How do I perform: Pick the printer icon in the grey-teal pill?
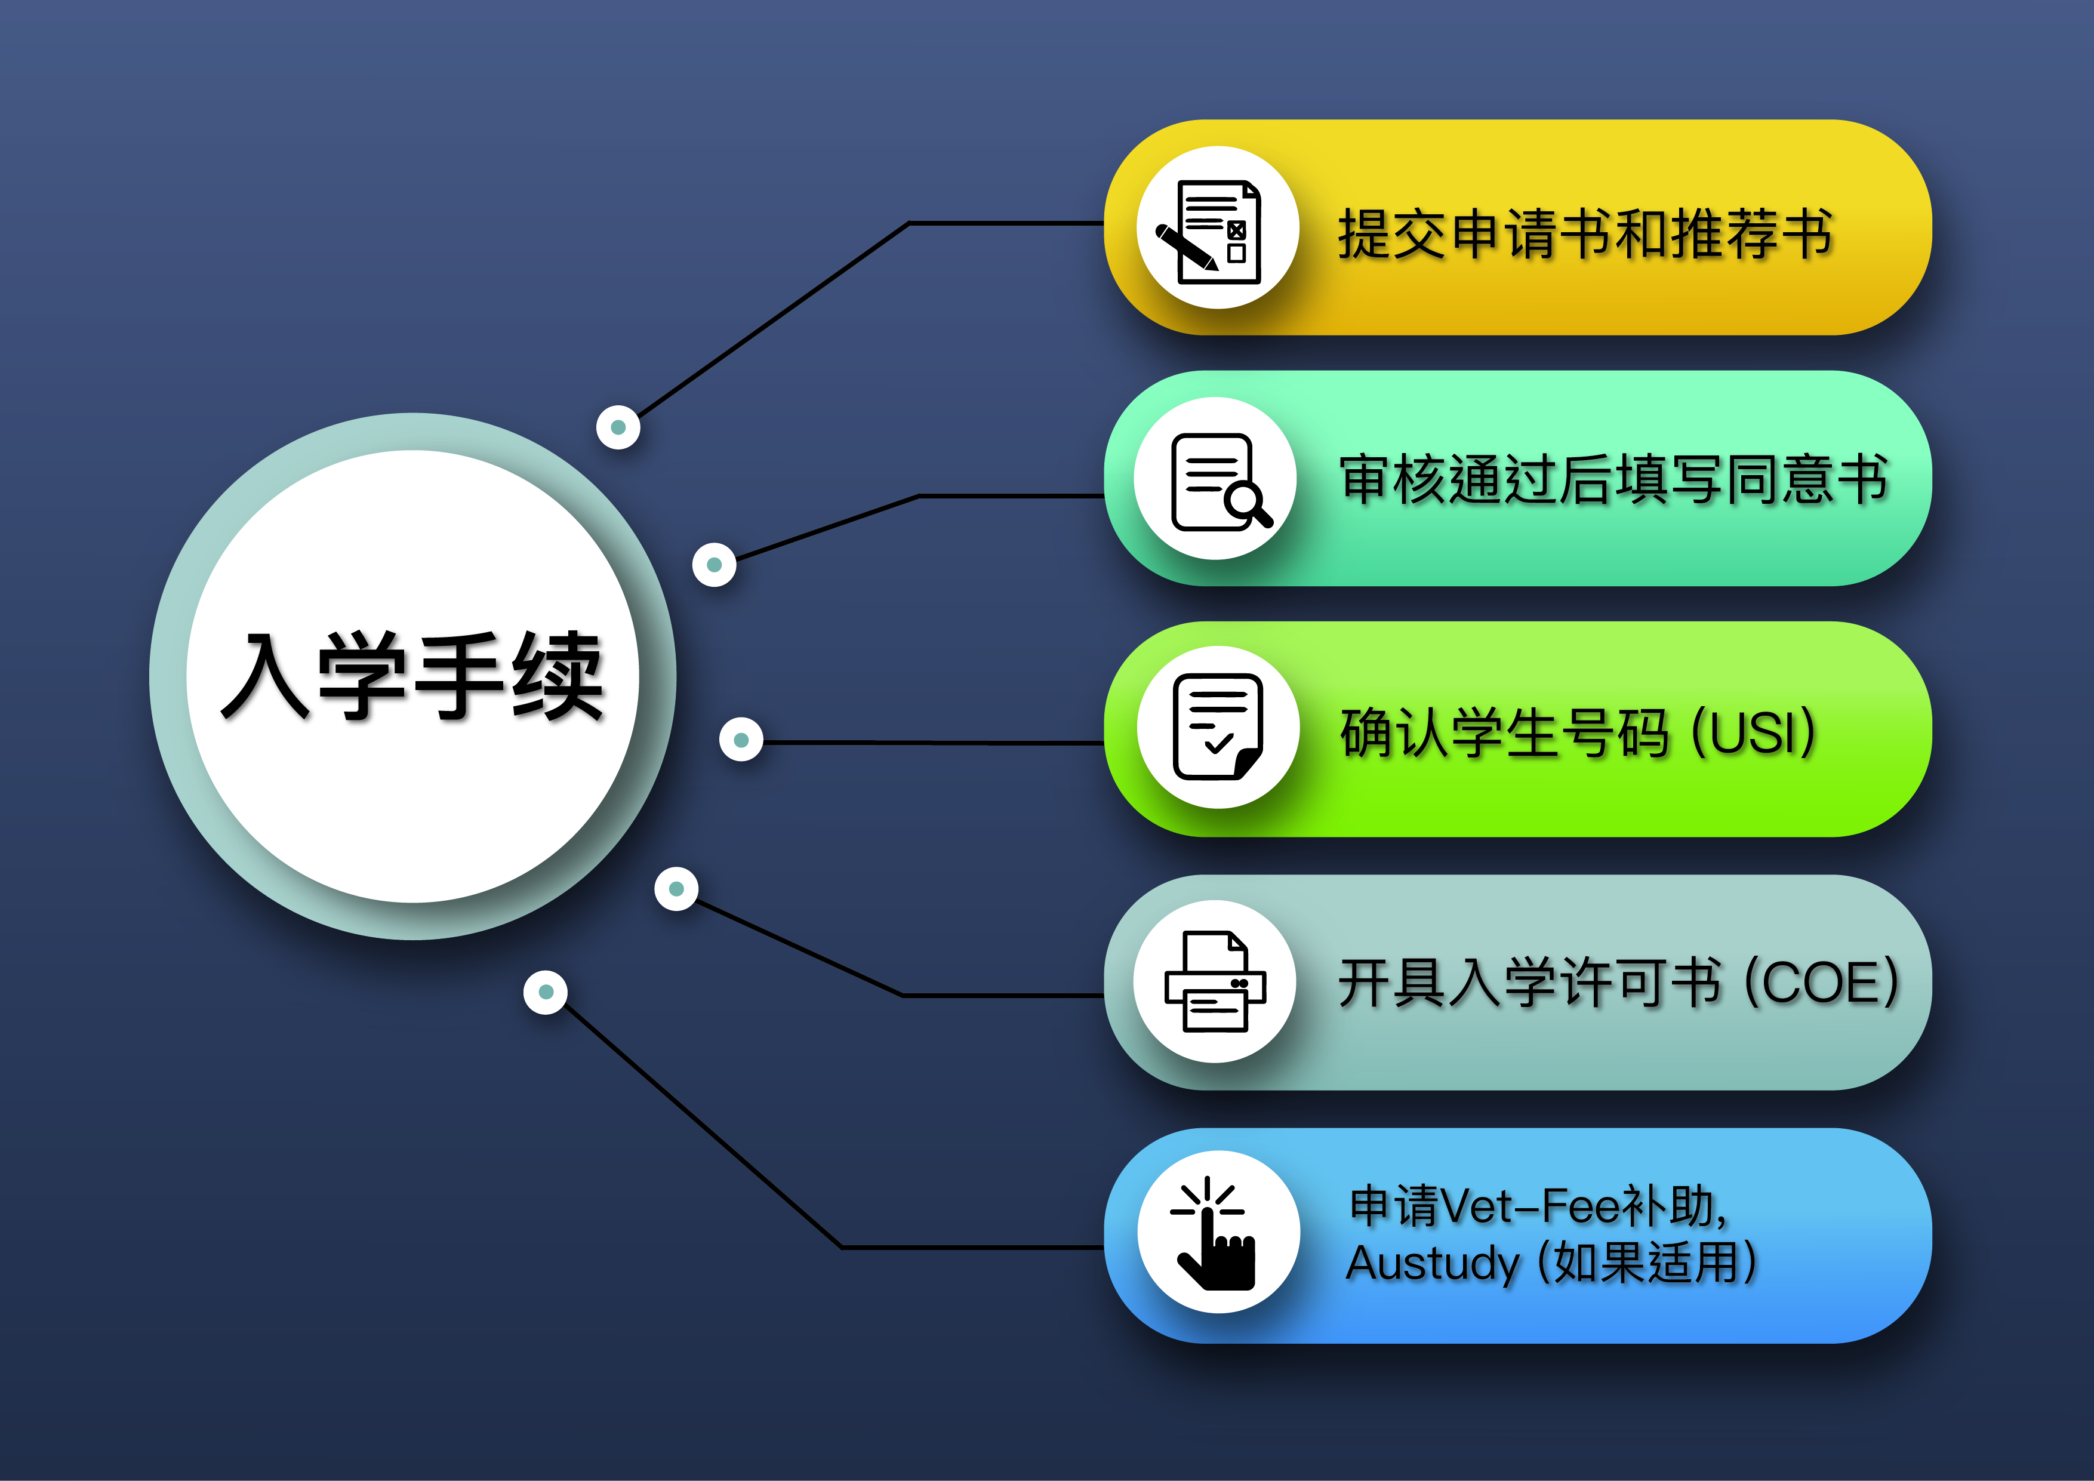point(1215,981)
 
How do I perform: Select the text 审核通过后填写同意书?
point(1612,480)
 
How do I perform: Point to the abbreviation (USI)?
point(1754,732)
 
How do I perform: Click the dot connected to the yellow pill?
point(618,427)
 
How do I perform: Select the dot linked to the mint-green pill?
point(714,565)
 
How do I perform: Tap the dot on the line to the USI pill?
point(741,740)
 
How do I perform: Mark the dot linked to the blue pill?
point(546,992)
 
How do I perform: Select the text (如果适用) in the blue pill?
point(1647,1264)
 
